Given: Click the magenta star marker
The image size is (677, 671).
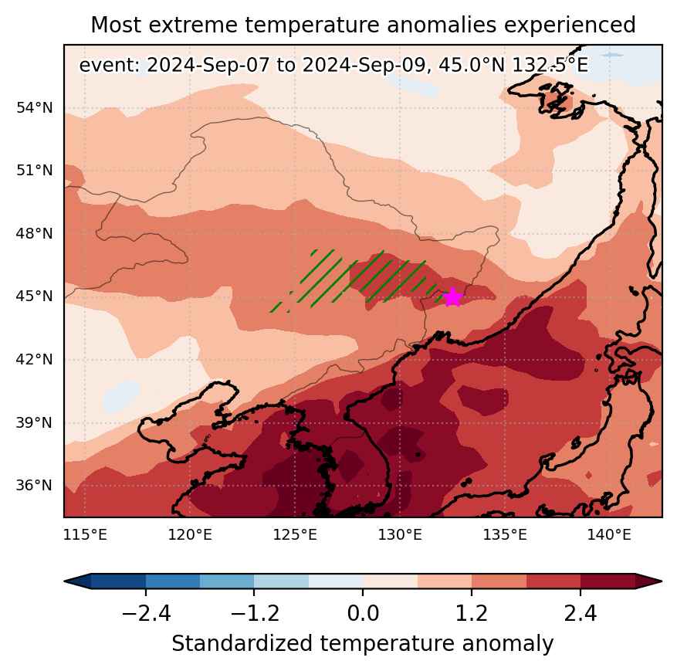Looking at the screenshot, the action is pos(452,297).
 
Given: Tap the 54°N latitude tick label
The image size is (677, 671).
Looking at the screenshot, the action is pos(35,107).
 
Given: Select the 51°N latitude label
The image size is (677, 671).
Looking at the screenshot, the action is pos(35,170).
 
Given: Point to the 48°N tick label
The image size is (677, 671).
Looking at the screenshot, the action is pos(35,233).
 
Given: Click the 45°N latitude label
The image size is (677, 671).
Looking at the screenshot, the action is pos(35,297).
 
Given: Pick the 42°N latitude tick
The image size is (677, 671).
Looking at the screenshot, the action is pos(35,359).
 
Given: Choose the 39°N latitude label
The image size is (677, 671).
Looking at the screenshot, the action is pos(35,422).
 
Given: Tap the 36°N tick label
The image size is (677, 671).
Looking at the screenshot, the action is pos(35,486).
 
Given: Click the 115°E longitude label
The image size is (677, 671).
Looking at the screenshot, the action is pos(85,535).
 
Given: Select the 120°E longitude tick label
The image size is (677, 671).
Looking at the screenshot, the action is pos(190,535).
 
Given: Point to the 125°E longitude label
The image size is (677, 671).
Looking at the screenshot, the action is pos(295,535).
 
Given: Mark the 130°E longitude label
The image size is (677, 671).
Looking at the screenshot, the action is pos(400,535).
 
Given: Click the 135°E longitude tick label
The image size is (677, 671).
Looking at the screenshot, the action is pos(505,535).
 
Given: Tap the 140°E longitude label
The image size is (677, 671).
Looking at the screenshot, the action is pos(609,535).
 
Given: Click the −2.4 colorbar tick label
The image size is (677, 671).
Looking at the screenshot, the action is pos(146,613).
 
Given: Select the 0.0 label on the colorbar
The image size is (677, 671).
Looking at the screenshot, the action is pos(363,613).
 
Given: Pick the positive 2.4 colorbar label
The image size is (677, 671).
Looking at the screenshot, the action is pos(581,613).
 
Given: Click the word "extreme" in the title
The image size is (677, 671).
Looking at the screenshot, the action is pos(192,25).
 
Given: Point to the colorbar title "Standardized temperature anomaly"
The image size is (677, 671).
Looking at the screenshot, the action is pos(363,644).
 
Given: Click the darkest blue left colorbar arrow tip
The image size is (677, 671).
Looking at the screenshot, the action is pos(64,581).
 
